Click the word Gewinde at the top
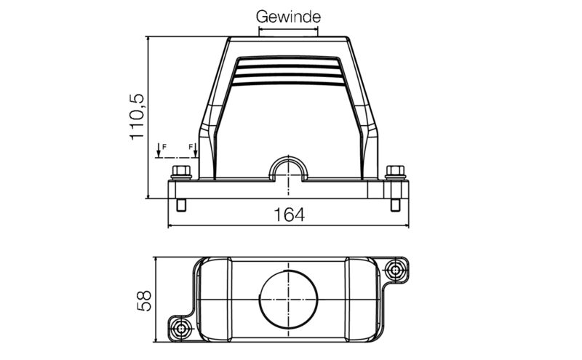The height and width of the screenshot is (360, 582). pyautogui.click(x=288, y=16)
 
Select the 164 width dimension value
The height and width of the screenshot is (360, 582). pyautogui.click(x=289, y=215)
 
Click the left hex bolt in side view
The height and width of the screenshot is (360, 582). pyautogui.click(x=181, y=172)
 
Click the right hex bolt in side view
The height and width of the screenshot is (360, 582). pyautogui.click(x=395, y=172)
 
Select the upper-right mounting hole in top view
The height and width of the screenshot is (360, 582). pyautogui.click(x=396, y=270)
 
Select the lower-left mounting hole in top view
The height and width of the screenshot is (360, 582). pyautogui.click(x=181, y=329)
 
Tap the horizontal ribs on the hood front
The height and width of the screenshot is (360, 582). pyautogui.click(x=289, y=72)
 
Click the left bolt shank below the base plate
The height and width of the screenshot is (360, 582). pyautogui.click(x=181, y=205)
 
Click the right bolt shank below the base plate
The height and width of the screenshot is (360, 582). pyautogui.click(x=395, y=205)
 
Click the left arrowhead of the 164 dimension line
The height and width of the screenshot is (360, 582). pyautogui.click(x=172, y=225)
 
